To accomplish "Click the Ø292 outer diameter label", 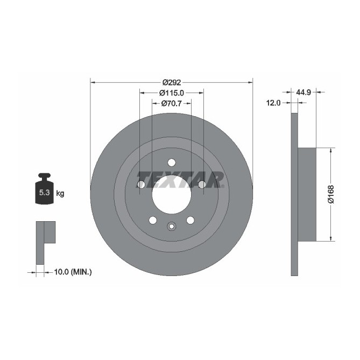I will [171, 82].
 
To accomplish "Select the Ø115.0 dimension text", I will [171, 93].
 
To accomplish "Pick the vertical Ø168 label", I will [331, 194].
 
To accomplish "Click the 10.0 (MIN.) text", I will [73, 272].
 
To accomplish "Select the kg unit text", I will [60, 193].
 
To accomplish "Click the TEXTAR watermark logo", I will [180, 179].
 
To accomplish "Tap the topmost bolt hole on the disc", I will [171, 163].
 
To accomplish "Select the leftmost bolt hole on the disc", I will [141, 185].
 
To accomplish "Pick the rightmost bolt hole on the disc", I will [202, 185].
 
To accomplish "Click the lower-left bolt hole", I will [152, 220].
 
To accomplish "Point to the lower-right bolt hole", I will [190, 220].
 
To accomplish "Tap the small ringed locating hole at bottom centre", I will [171, 226].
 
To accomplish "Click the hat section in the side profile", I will [307, 194].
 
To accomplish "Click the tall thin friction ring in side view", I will [294, 194].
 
